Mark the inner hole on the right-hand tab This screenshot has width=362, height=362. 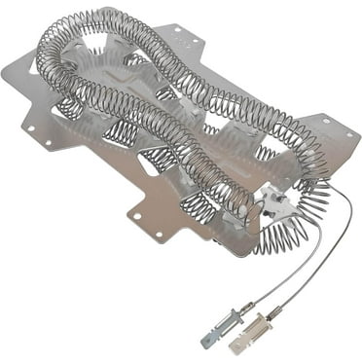coord(325,123)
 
